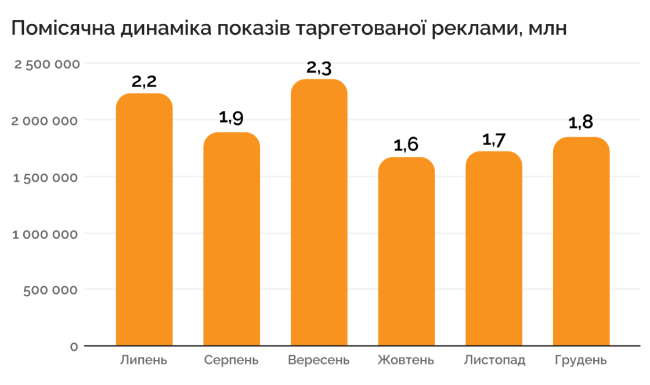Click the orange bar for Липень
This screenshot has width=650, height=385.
coord(145,221)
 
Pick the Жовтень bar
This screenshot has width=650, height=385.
coord(406,252)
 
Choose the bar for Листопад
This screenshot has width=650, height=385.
coord(493,249)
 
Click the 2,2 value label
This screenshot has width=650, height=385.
coord(145,82)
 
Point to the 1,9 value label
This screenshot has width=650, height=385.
coord(231,118)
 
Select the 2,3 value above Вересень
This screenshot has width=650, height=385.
coord(319,68)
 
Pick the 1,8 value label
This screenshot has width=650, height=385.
coord(580,123)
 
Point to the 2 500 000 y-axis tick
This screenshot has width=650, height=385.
coord(46,64)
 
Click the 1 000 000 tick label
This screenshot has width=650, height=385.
coord(46,233)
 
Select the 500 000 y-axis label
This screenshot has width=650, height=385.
coord(51,290)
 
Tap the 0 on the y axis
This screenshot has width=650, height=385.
coord(74,347)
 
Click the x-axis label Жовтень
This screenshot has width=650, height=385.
coord(406,360)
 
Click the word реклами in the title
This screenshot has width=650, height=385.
coord(471,28)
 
